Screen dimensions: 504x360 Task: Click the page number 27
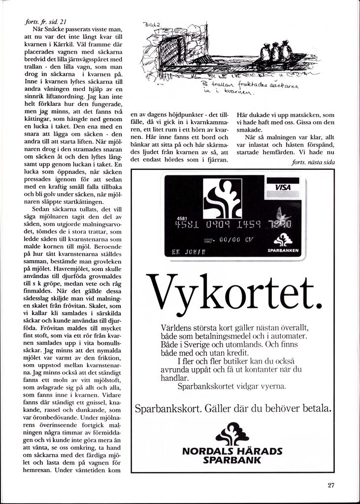pos(331,485)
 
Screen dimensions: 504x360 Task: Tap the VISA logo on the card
pos(283,188)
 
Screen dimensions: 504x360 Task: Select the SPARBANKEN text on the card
pos(282,250)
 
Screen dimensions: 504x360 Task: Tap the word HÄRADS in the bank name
pos(260,451)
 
